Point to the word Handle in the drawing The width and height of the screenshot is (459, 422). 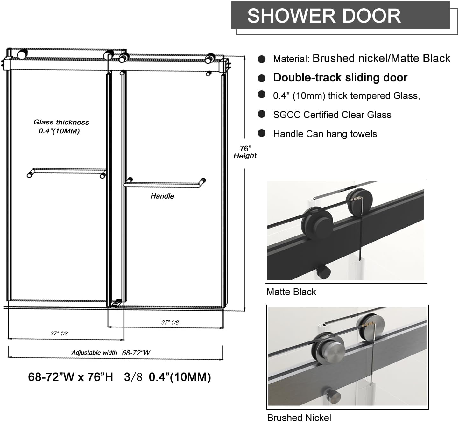[162, 196]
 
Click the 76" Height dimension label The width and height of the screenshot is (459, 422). [245, 152]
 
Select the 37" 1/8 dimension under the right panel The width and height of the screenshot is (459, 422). [170, 322]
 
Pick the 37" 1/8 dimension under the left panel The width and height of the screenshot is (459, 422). [59, 333]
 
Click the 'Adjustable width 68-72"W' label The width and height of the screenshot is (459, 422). [110, 353]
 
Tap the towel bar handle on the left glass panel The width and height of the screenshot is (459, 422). [67, 172]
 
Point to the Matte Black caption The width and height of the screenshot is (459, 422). [291, 292]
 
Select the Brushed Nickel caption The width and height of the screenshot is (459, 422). [299, 417]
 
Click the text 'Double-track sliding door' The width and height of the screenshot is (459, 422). [340, 78]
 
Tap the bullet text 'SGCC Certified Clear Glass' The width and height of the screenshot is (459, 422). [332, 115]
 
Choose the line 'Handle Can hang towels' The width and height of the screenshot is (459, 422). [325, 134]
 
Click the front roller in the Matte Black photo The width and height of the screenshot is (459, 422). [317, 222]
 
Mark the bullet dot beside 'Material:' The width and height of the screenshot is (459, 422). [262, 59]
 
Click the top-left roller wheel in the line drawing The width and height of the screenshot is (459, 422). [22, 53]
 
